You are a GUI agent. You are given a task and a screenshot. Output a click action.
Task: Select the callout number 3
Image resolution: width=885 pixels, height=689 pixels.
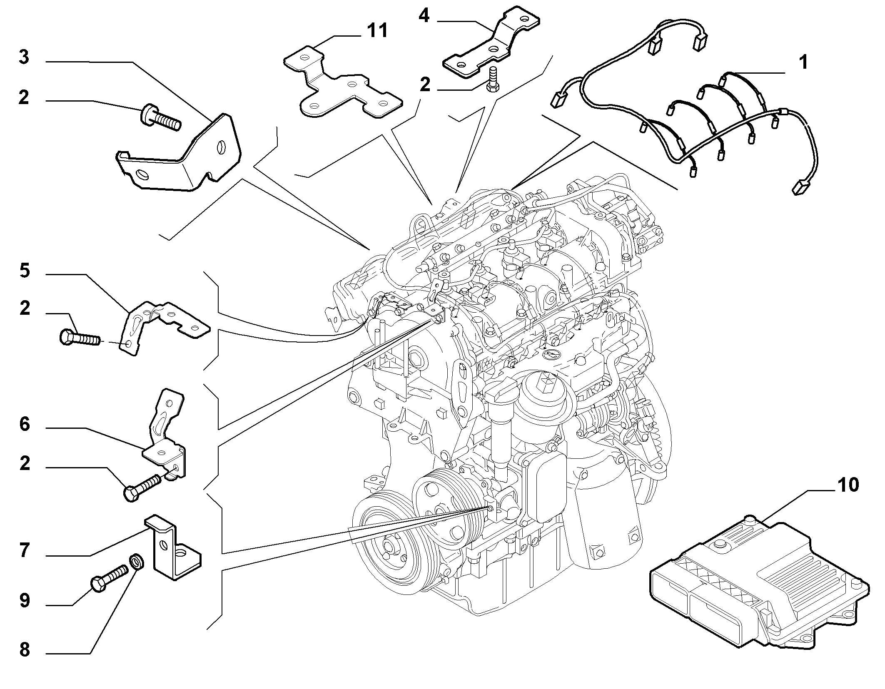point(24,57)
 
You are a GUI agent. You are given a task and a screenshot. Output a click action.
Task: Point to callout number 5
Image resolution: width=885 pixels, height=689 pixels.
point(25,271)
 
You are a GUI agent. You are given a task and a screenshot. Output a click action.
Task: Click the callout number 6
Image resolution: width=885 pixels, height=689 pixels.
point(25,424)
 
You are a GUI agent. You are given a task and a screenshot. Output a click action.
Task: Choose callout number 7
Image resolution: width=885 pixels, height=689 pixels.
point(25,550)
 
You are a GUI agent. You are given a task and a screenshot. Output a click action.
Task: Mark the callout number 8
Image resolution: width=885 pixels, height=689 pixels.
point(25,650)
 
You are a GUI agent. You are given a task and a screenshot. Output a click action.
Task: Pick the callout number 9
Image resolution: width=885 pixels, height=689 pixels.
point(25,600)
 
